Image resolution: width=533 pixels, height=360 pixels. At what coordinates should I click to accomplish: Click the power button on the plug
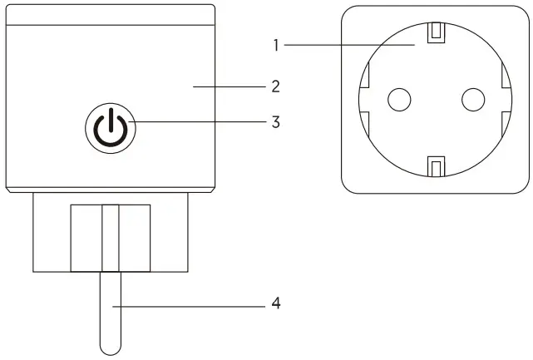109,129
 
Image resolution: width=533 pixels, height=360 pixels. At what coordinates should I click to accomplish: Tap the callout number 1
274,45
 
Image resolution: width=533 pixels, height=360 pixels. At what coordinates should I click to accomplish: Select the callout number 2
274,86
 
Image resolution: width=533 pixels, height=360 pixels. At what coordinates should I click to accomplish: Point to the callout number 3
274,121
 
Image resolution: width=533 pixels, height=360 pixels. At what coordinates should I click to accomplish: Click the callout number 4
275,304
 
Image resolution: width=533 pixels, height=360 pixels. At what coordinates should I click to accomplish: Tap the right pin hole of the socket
472,100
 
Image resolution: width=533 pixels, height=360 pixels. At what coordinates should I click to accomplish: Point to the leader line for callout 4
191,305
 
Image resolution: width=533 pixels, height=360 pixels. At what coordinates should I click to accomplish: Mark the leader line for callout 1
349,45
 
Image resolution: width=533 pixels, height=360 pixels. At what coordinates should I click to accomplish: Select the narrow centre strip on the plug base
110,238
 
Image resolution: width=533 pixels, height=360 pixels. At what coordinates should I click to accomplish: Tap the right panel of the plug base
134,238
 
